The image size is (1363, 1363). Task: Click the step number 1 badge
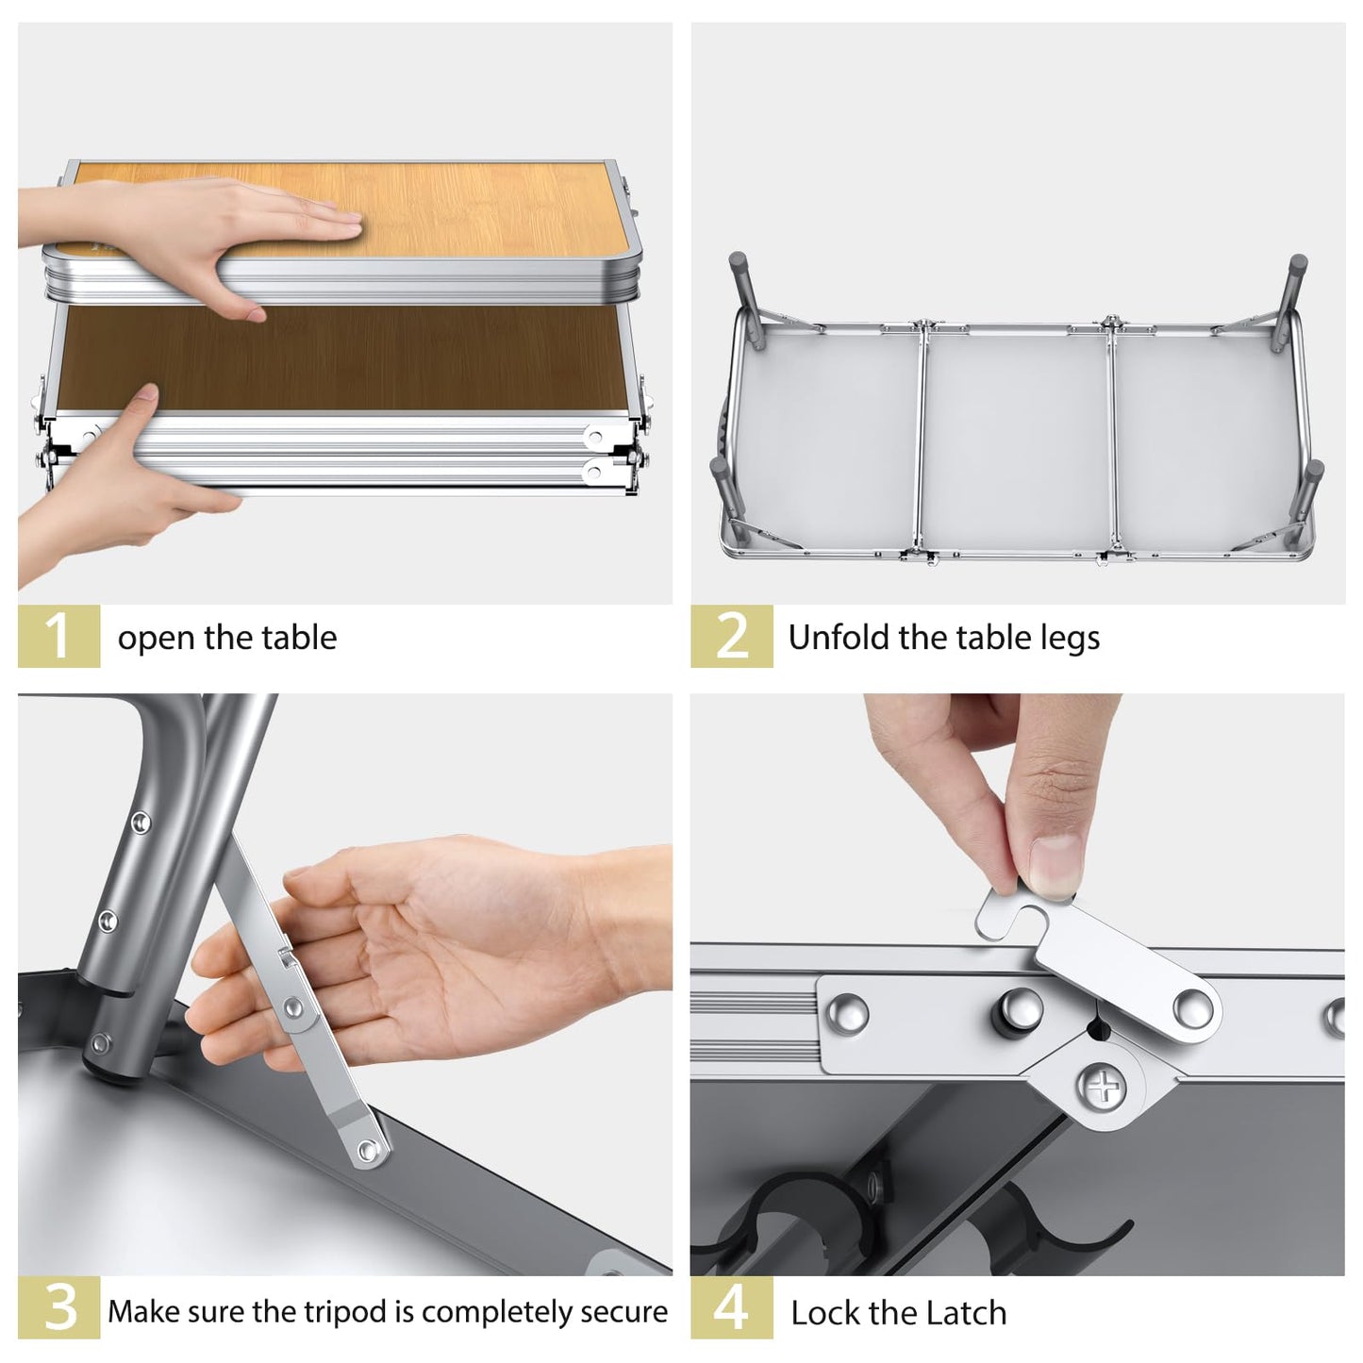(58, 636)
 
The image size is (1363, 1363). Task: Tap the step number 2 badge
(731, 636)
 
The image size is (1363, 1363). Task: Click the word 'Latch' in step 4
(966, 1314)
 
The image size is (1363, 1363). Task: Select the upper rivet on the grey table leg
(140, 823)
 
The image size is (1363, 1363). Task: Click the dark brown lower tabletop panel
(340, 357)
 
